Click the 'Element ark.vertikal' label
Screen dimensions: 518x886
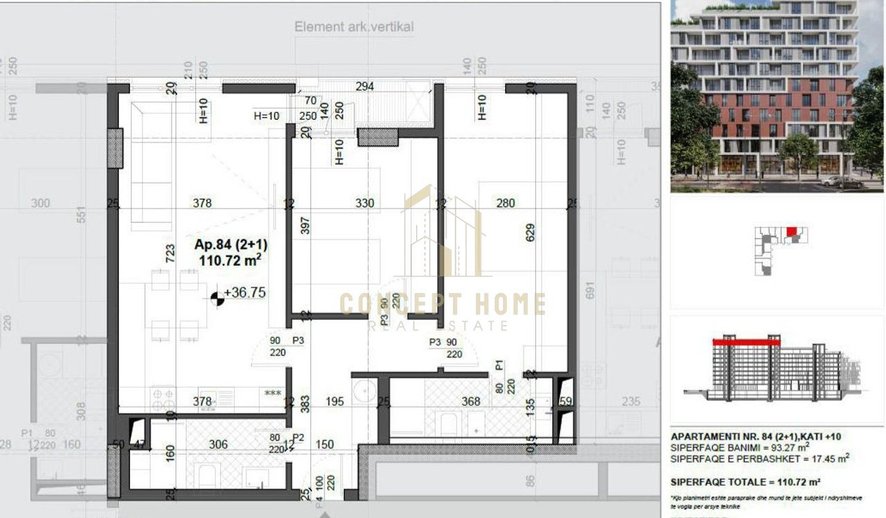pos(354,27)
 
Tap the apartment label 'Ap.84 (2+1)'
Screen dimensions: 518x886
pos(231,244)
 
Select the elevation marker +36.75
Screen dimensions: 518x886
pos(244,293)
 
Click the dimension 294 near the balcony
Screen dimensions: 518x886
pos(364,87)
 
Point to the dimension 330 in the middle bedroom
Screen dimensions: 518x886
pos(364,203)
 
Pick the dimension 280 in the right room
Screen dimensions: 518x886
pos(505,203)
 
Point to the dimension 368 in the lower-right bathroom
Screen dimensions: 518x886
pos(471,402)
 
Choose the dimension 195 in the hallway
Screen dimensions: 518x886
pos(334,402)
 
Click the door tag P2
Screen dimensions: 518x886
pos(298,438)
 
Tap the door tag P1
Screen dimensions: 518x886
pos(499,365)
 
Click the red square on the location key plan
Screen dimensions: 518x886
pos(791,231)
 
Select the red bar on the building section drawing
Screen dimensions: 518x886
pos(746,341)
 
